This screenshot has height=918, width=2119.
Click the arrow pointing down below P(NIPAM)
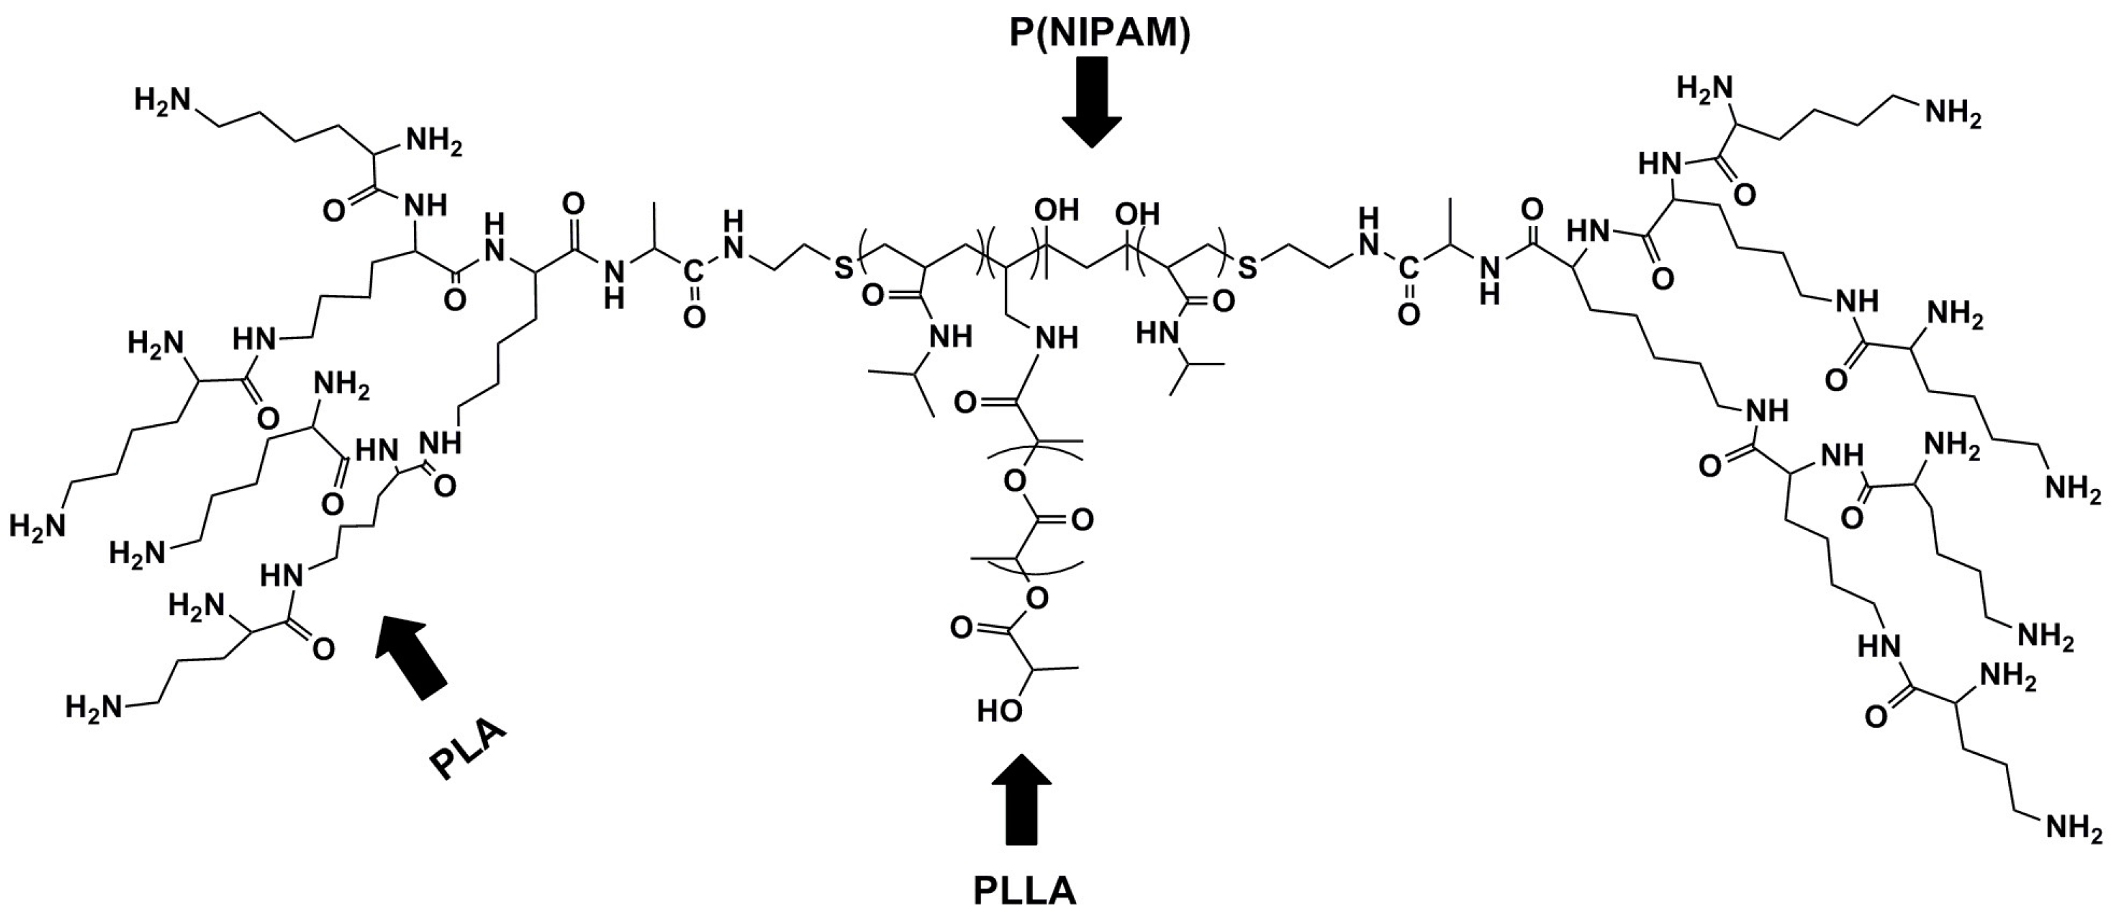pos(1092,102)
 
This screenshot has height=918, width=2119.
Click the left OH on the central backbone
pos(1057,210)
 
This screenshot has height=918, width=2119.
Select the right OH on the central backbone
pos(1138,215)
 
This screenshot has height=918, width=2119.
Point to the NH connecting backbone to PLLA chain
pos(1055,337)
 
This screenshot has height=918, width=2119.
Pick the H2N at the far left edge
pos(37,525)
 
